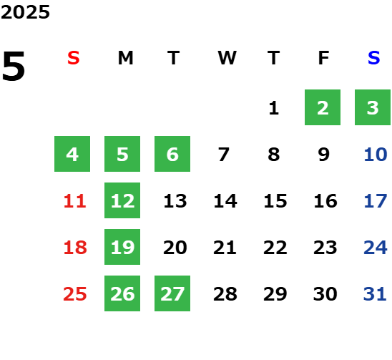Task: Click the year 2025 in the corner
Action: pyautogui.click(x=25, y=12)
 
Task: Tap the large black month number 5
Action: pyautogui.click(x=14, y=66)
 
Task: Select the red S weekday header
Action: pyautogui.click(x=74, y=58)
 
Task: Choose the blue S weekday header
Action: pyautogui.click(x=373, y=58)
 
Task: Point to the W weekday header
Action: pyautogui.click(x=227, y=58)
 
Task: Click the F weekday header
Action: pyautogui.click(x=324, y=58)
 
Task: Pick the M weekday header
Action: pyautogui.click(x=125, y=58)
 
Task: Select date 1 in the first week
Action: pyautogui.click(x=274, y=108)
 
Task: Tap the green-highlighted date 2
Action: pyautogui.click(x=323, y=107)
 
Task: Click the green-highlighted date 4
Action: pyautogui.click(x=72, y=154)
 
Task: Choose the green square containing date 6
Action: pyautogui.click(x=172, y=154)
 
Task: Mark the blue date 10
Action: pyautogui.click(x=376, y=155)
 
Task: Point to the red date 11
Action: pyautogui.click(x=74, y=201)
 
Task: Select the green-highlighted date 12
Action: pyautogui.click(x=122, y=200)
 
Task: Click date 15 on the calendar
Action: pyautogui.click(x=275, y=201)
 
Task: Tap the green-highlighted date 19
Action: pyautogui.click(x=122, y=247)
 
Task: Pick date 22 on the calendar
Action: pyautogui.click(x=275, y=248)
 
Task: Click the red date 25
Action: pyautogui.click(x=74, y=294)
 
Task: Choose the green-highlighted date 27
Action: pyautogui.click(x=172, y=293)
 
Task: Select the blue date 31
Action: pyautogui.click(x=375, y=294)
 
